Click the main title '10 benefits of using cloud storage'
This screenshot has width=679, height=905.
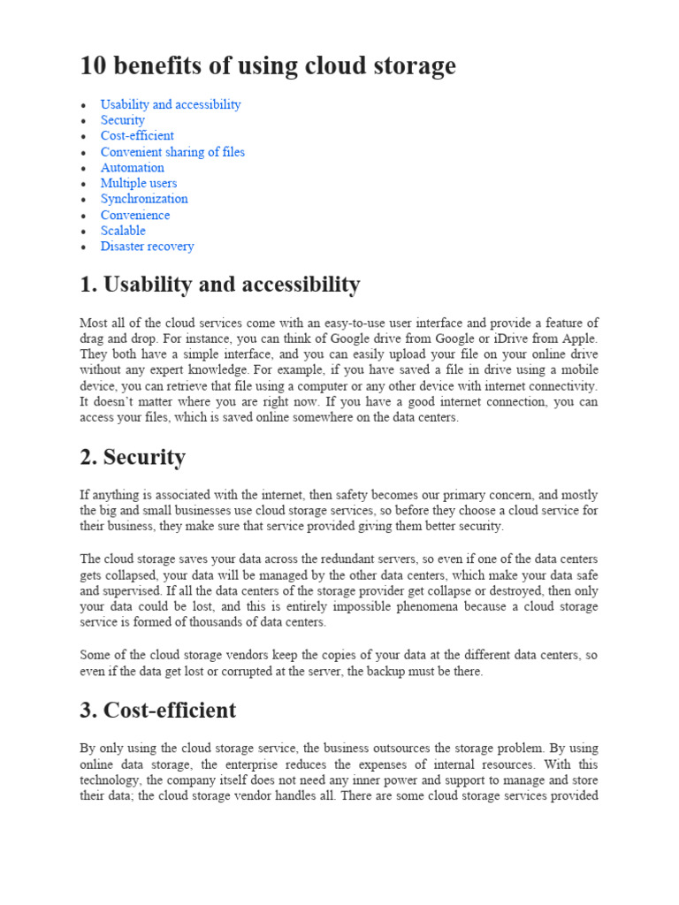click(268, 65)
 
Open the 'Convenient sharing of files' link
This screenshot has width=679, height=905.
click(172, 152)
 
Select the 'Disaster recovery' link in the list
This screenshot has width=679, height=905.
click(147, 247)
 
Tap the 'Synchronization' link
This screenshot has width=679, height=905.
click(144, 199)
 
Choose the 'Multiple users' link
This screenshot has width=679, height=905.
click(139, 183)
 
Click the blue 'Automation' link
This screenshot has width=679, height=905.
click(133, 168)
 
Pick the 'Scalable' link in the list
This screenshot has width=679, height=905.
click(123, 231)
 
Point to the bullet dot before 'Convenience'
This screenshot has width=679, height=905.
click(83, 216)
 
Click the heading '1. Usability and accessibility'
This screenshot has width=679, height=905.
click(220, 285)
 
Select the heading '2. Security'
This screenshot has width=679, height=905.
click(133, 457)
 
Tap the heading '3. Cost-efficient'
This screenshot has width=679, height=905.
click(158, 710)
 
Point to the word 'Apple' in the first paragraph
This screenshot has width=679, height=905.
click(579, 338)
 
